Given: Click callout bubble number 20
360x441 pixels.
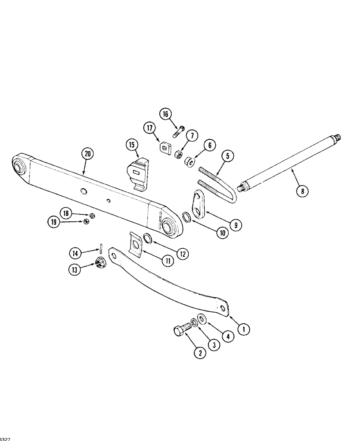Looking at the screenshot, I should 88,153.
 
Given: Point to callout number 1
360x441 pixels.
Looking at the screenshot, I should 244,328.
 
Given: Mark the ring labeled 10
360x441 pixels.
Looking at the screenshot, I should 187,217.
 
